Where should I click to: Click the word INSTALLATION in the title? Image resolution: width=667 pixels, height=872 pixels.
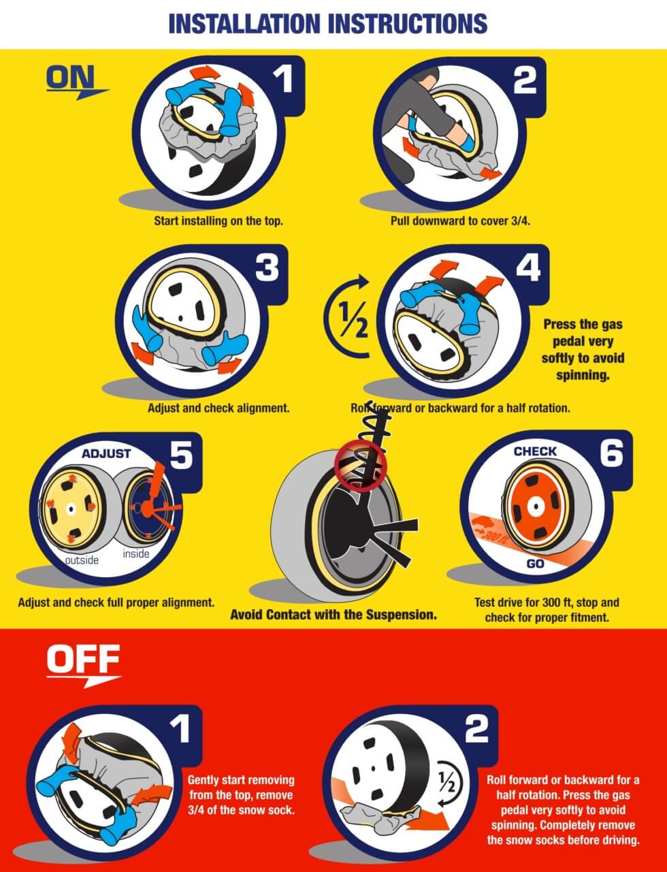pos(244,23)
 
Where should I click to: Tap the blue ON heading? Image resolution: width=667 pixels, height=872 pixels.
pos(71,77)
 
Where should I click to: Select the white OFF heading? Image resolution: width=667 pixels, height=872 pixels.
pos(83,659)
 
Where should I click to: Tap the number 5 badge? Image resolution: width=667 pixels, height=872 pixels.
pos(182,455)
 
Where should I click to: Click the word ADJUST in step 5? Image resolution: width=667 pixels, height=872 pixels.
pos(106,453)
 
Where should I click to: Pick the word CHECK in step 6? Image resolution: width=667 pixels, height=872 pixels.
pos(535,451)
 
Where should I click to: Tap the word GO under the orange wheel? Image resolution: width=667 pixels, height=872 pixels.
pos(535,564)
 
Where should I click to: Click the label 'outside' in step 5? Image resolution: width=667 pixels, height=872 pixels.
pos(82,560)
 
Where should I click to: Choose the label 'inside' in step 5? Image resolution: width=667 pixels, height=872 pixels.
pos(136,553)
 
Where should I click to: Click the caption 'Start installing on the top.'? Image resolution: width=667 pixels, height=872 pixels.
pos(218,221)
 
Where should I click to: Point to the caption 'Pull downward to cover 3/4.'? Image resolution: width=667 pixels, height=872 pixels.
pos(460,221)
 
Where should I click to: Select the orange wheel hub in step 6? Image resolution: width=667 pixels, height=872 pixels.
pos(536,506)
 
